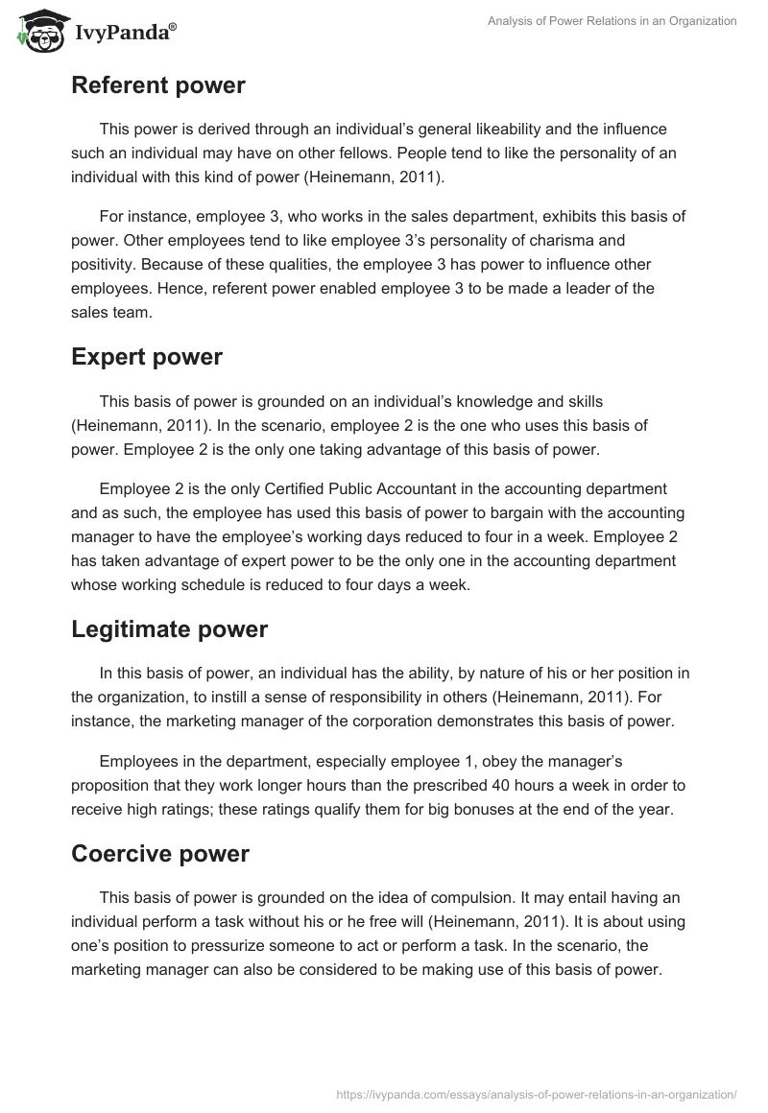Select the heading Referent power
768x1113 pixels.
click(x=158, y=85)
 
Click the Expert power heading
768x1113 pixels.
click(x=147, y=357)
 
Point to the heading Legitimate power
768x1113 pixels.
click(x=169, y=628)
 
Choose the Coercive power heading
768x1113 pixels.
click(x=160, y=854)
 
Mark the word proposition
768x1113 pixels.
click(x=114, y=784)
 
